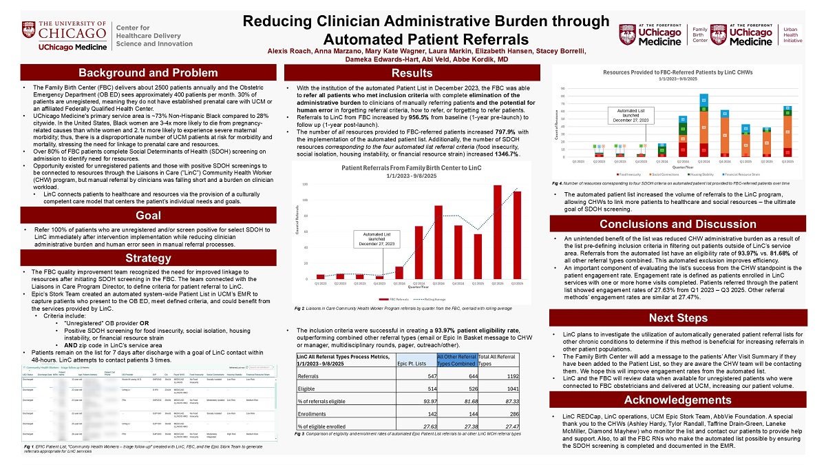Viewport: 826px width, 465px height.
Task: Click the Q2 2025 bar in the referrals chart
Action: (x=497, y=231)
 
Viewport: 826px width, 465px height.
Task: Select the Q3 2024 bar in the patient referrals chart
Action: (x=438, y=242)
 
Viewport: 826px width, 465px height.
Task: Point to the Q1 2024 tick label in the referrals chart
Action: (x=398, y=284)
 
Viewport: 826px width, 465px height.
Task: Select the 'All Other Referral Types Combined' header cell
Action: (x=456, y=359)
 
